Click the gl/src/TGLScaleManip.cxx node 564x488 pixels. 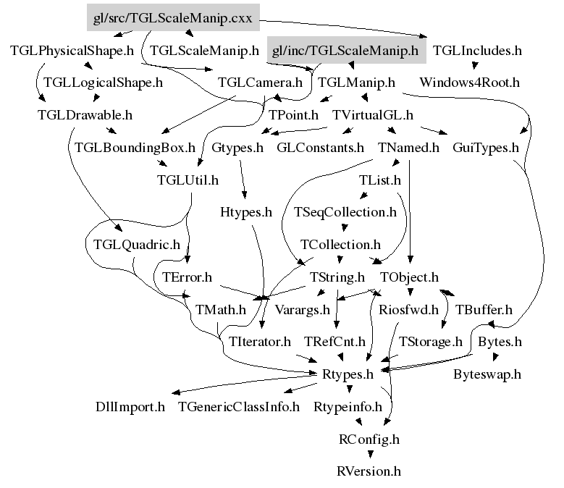pos(173,17)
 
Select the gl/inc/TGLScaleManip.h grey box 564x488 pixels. pos(346,50)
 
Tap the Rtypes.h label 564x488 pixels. pos(348,374)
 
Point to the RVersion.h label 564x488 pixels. pos(369,471)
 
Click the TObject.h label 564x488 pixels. pos(409,277)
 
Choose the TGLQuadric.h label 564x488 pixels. pos(137,245)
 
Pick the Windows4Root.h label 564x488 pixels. pos(469,83)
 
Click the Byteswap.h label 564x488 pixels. pos(487,374)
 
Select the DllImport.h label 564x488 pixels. pos(130,407)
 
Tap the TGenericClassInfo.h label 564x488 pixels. pos(239,407)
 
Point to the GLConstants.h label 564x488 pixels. pos(320,148)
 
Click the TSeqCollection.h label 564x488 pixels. pos(345,212)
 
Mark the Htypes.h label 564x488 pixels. pos(246,212)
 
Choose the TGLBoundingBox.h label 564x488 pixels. pos(135,148)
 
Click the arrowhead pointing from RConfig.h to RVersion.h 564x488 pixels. pos(370,455)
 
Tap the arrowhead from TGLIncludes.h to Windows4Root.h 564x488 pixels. pos(475,65)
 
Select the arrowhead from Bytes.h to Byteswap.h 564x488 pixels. pos(495,357)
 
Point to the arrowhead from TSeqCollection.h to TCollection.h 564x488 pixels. pos(344,227)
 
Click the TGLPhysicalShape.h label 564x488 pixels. pos(72,51)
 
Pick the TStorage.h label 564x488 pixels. pos(430,342)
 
